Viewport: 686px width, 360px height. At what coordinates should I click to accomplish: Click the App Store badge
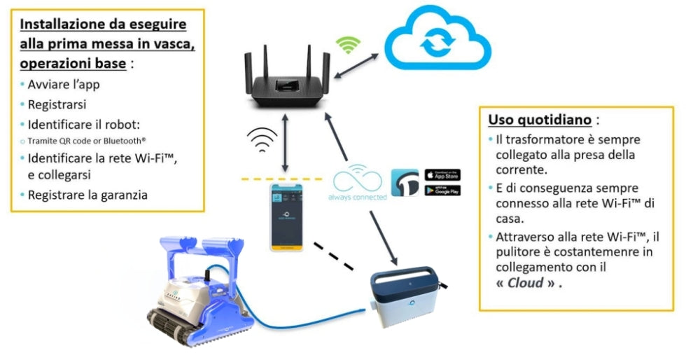click(442, 174)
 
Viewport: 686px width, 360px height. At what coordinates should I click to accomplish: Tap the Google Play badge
click(442, 190)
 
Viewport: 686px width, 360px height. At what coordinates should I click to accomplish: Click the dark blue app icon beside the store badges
click(405, 182)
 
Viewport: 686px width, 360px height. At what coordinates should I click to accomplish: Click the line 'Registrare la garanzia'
click(87, 195)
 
